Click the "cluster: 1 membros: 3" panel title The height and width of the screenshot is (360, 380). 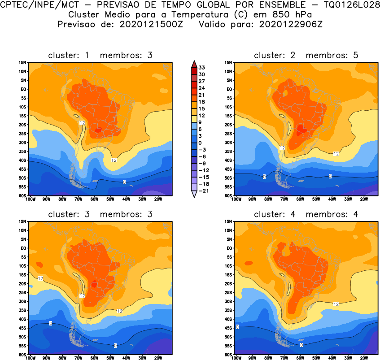click(100, 55)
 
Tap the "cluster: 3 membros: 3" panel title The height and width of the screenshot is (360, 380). click(100, 214)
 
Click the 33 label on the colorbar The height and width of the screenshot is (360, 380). click(201, 67)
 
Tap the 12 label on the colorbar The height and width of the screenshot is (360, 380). click(201, 115)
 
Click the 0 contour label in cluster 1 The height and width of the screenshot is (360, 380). click(124, 182)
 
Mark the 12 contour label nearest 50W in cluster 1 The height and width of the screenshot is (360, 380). click(114, 160)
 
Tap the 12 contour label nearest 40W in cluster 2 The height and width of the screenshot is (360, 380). click(336, 153)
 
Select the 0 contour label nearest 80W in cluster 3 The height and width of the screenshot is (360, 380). click(51, 323)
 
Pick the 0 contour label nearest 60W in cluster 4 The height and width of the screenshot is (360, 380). click(301, 345)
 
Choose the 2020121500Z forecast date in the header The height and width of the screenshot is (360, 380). click(149, 24)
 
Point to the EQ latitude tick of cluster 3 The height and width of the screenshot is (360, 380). click(24, 248)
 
